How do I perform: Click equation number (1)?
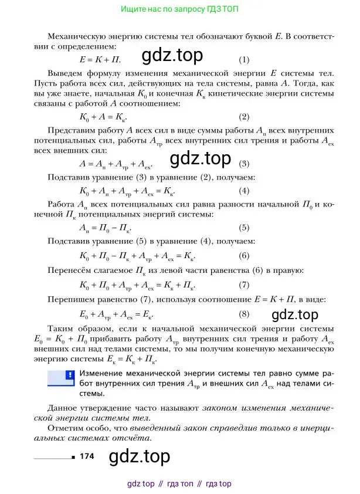244,60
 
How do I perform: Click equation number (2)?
244,117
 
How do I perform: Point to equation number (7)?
244,286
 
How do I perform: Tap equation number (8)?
244,314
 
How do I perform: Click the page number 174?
87,455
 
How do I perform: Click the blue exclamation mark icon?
69,374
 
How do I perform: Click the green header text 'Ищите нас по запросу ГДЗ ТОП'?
179,10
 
